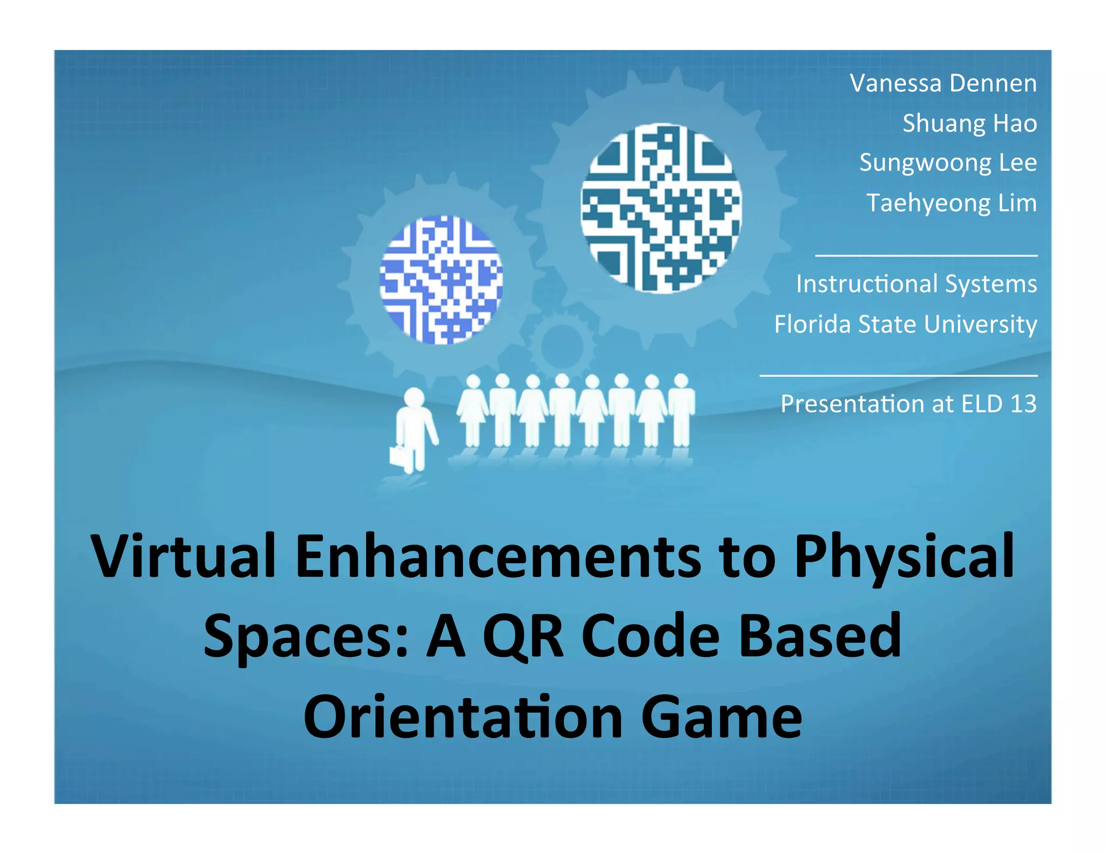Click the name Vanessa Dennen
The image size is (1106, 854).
(x=943, y=84)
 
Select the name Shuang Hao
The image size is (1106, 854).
(x=969, y=124)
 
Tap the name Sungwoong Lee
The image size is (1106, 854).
(x=948, y=163)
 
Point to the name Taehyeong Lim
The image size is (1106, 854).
(x=952, y=204)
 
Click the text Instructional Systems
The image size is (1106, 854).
(x=916, y=284)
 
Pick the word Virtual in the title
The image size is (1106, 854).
(x=184, y=556)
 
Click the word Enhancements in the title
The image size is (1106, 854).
(x=498, y=556)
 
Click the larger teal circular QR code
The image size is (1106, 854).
(x=661, y=208)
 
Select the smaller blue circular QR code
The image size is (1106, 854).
(x=441, y=280)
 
